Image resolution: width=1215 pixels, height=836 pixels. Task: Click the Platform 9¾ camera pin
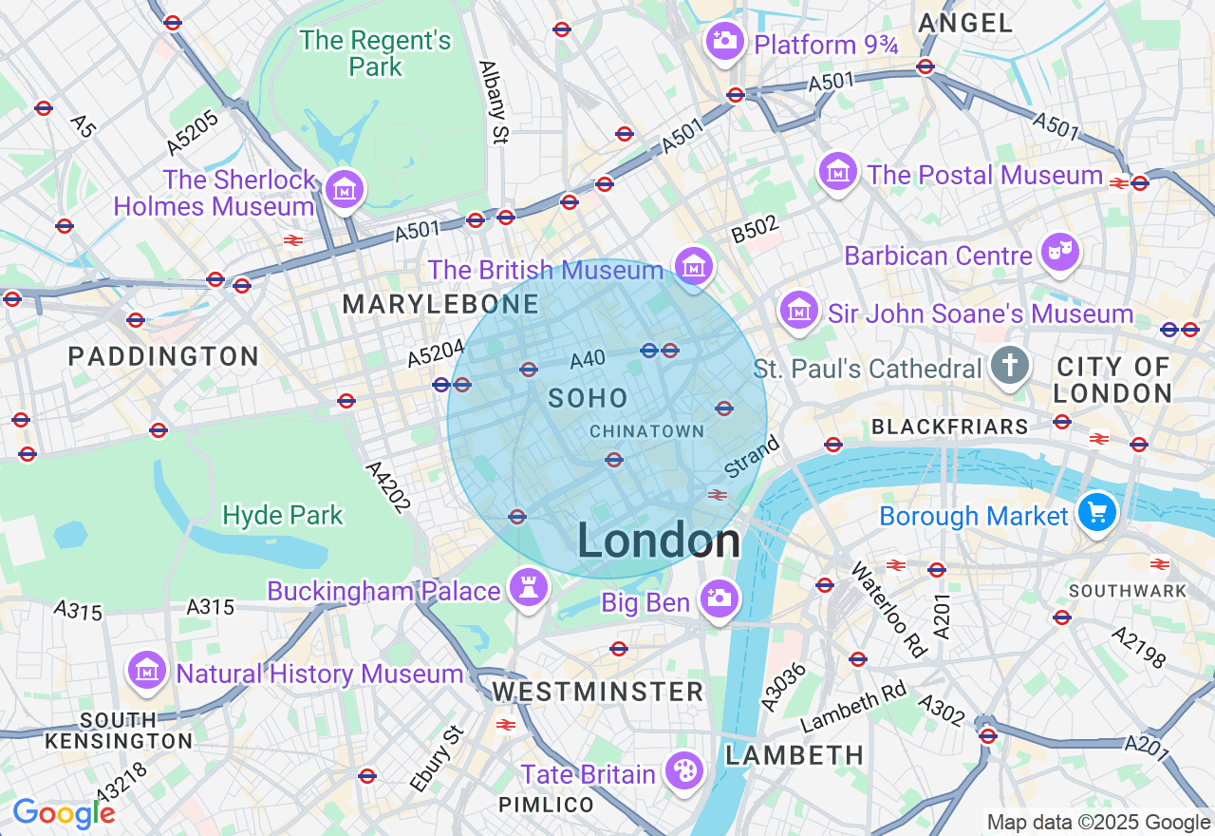pyautogui.click(x=725, y=41)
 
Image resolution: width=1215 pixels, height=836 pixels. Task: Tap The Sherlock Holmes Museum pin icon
pyautogui.click(x=345, y=189)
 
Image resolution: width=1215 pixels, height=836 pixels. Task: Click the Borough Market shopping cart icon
pyautogui.click(x=1097, y=513)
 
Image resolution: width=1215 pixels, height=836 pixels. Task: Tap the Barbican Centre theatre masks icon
pyautogui.click(x=1059, y=253)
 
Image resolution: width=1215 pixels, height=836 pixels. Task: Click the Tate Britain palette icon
pyautogui.click(x=683, y=770)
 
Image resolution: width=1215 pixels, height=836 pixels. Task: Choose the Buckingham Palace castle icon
pyautogui.click(x=529, y=587)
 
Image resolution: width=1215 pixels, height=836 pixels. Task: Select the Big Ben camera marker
pyautogui.click(x=720, y=598)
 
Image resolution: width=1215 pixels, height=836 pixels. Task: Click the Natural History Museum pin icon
pyautogui.click(x=147, y=671)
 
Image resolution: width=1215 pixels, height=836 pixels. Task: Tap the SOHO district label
pyautogui.click(x=589, y=398)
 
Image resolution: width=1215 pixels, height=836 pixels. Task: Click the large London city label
pyautogui.click(x=659, y=541)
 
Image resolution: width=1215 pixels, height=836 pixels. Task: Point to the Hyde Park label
pyautogui.click(x=282, y=516)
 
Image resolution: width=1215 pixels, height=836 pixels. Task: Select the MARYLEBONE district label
pyautogui.click(x=440, y=305)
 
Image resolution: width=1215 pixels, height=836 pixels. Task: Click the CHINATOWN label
pyautogui.click(x=647, y=431)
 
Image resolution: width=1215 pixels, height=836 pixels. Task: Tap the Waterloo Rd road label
pyautogui.click(x=888, y=609)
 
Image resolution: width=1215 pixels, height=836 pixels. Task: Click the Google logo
pyautogui.click(x=64, y=813)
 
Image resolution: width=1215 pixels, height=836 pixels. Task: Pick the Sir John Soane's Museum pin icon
pyautogui.click(x=799, y=311)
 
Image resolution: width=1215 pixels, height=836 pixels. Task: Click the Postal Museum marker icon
pyautogui.click(x=838, y=172)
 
